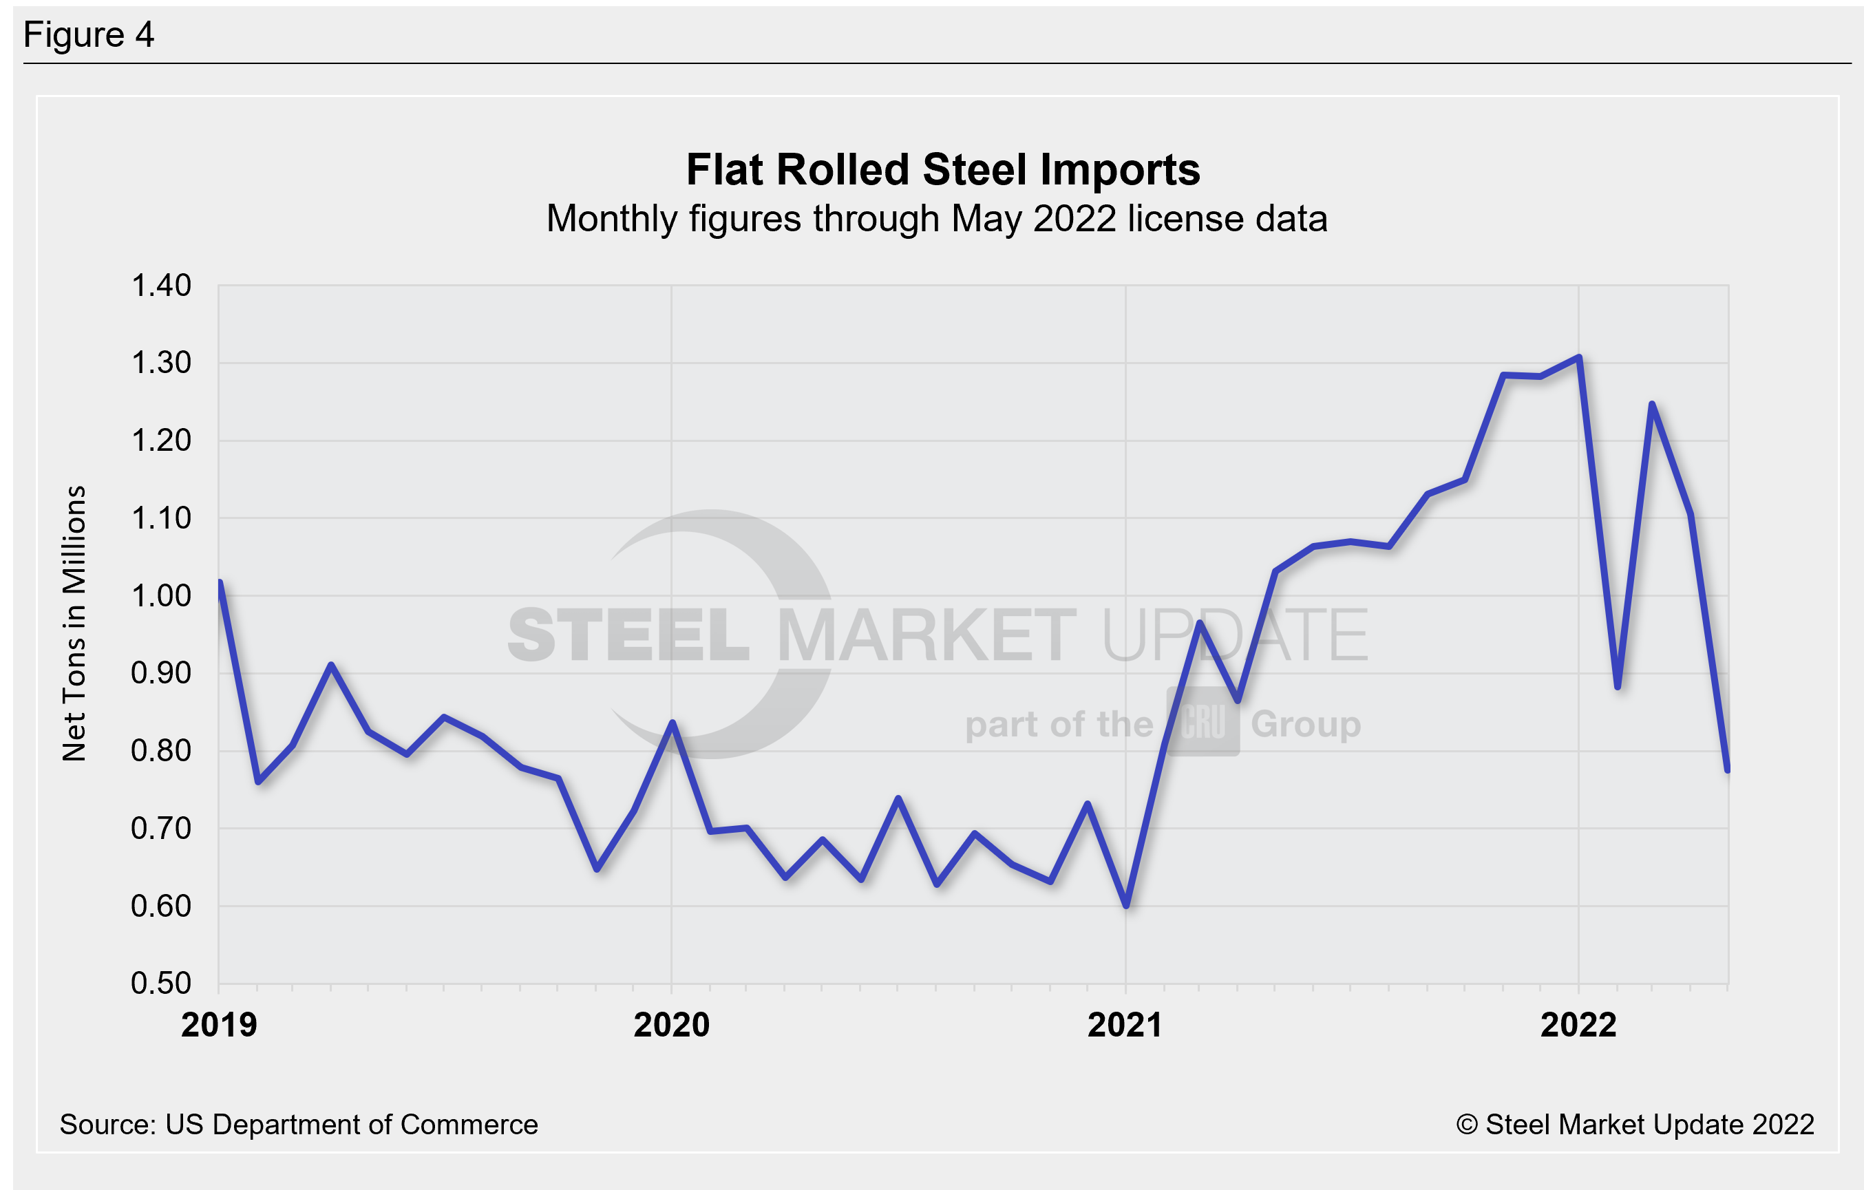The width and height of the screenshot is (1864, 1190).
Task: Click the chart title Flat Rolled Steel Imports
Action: pyautogui.click(x=942, y=169)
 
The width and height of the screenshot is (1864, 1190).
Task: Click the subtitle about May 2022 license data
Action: pyautogui.click(x=937, y=219)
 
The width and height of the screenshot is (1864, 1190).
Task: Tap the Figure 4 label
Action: pyautogui.click(x=88, y=35)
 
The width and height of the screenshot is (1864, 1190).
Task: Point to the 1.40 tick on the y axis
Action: pyautogui.click(x=161, y=286)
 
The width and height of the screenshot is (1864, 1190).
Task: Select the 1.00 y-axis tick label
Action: pyautogui.click(x=161, y=596)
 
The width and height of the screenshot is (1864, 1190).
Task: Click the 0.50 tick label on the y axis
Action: pyautogui.click(x=161, y=984)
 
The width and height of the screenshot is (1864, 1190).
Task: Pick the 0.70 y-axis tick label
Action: pyautogui.click(x=161, y=829)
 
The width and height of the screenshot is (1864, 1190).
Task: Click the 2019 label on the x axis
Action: pyautogui.click(x=219, y=1025)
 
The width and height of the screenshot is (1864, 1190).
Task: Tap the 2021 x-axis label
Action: pyautogui.click(x=1125, y=1025)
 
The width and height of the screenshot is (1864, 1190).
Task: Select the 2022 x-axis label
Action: pyautogui.click(x=1578, y=1025)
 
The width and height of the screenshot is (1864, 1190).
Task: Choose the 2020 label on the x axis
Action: pyautogui.click(x=671, y=1025)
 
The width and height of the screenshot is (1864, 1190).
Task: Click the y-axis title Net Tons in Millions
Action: pyautogui.click(x=74, y=624)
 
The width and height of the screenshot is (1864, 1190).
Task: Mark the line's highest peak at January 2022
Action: pyautogui.click(x=1578, y=358)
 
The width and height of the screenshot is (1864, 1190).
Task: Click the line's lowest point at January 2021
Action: pyautogui.click(x=1125, y=905)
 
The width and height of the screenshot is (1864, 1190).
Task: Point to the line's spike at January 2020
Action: pyautogui.click(x=672, y=723)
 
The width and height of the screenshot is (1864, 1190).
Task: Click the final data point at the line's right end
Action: pyautogui.click(x=1728, y=769)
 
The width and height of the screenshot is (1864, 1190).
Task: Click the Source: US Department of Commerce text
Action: pyautogui.click(x=299, y=1124)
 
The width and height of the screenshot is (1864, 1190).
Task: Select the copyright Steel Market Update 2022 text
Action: pyautogui.click(x=1635, y=1124)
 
